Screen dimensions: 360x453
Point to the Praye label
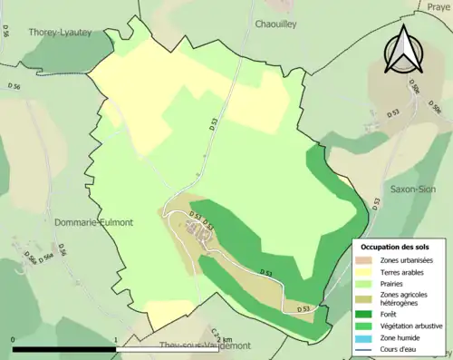(439, 6)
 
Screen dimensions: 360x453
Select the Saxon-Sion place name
(413, 190)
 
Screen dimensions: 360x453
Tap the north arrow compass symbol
(402, 50)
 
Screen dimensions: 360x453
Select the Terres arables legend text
(400, 270)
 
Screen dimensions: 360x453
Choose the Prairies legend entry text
(392, 282)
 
